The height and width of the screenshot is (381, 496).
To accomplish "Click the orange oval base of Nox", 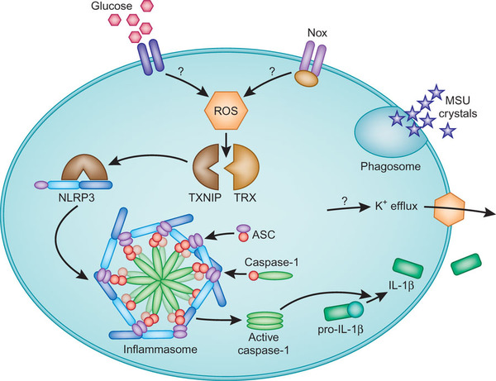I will tap(305, 79).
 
